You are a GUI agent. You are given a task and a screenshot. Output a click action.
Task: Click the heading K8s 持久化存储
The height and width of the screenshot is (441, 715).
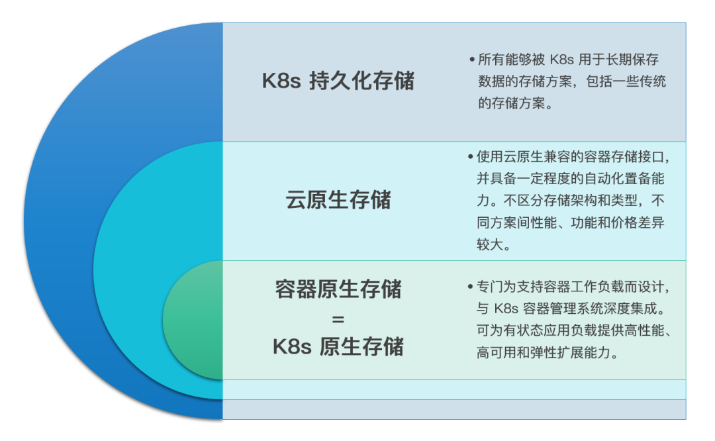tap(338, 81)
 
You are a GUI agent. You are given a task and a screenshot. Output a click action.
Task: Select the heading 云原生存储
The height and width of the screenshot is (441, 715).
tap(338, 200)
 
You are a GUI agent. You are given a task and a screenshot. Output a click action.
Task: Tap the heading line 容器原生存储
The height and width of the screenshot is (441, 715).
tap(338, 289)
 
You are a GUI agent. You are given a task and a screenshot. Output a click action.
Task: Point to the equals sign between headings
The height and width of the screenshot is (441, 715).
tap(338, 318)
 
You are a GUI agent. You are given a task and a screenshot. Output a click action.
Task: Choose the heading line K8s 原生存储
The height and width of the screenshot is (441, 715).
tap(338, 346)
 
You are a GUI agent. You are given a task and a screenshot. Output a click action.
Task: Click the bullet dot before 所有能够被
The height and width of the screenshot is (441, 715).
tap(471, 60)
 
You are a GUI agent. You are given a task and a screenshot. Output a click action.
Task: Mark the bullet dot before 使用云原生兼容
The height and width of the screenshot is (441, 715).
tap(471, 158)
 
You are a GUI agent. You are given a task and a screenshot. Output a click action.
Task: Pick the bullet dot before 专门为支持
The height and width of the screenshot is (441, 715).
tap(471, 287)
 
